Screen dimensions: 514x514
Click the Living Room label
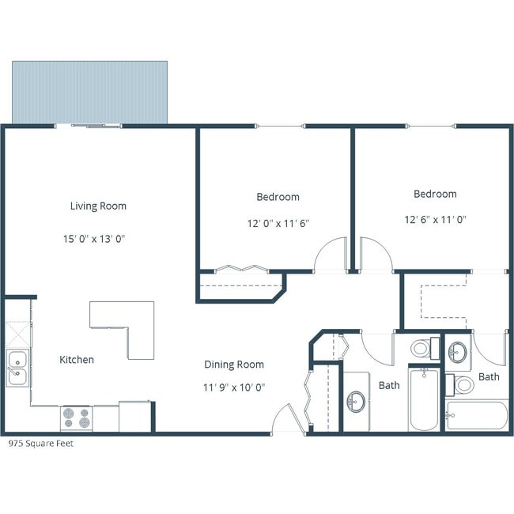click(98, 206)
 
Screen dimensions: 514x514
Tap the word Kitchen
click(77, 360)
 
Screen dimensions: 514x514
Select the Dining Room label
click(234, 365)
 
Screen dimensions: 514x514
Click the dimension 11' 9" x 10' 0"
click(234, 387)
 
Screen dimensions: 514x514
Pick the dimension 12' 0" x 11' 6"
click(278, 224)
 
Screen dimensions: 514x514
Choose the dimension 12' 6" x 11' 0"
click(435, 220)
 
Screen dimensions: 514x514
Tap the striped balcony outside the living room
click(89, 92)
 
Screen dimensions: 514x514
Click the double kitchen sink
click(17, 368)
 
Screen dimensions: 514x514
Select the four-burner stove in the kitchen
click(76, 417)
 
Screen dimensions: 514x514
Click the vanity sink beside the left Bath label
click(355, 401)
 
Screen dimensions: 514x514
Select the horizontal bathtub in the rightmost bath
click(476, 414)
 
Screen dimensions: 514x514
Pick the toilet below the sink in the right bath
click(463, 385)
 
